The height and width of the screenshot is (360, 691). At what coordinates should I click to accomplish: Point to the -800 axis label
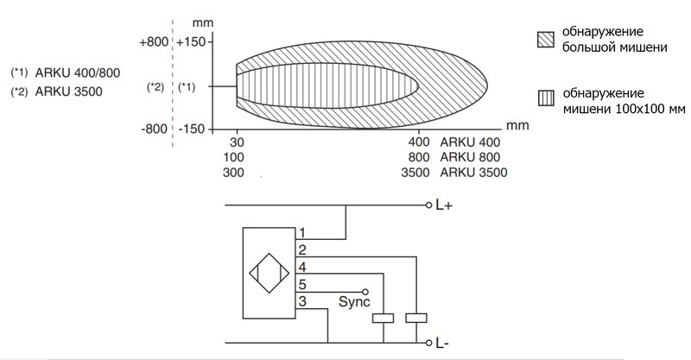(x=155, y=129)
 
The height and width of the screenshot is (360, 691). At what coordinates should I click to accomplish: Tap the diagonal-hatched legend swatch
(x=543, y=39)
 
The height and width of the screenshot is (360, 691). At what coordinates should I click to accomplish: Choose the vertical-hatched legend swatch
(x=543, y=97)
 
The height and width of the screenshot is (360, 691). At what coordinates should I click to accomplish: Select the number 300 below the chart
(x=234, y=173)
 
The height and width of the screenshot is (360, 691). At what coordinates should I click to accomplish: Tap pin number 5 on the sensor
(x=301, y=283)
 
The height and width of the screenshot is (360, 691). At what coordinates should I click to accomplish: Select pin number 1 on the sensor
(x=301, y=232)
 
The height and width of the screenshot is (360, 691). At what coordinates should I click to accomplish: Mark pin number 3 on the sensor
(x=301, y=300)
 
